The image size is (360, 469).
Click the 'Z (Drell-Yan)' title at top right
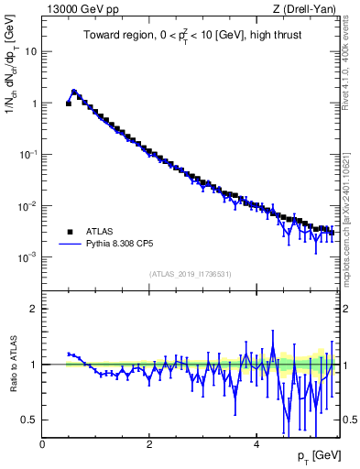coord(303,9)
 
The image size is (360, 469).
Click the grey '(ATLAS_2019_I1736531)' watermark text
coord(190,274)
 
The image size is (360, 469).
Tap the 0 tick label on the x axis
coord(42,444)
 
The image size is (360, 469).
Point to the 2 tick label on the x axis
coord(149,444)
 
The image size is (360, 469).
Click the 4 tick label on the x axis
coord(256,444)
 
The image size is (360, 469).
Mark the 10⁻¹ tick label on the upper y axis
coord(28,155)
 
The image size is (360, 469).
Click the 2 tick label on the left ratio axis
coord(33,309)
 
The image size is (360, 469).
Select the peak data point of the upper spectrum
coord(74,93)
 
